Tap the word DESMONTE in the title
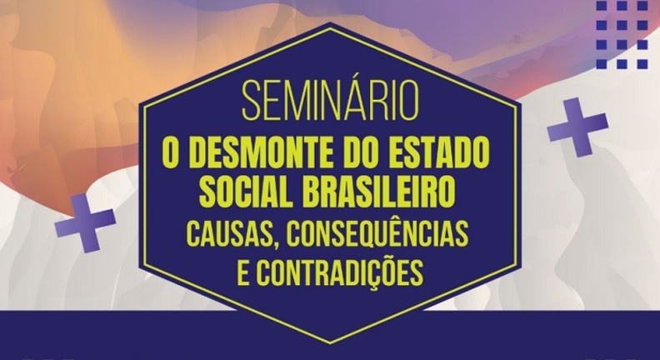tap(252, 152)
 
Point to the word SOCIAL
tap(246, 192)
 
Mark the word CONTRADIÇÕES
tap(340, 272)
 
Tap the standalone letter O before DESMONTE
tap(170, 152)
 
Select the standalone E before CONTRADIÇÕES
tap(243, 272)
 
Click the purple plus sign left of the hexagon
tap(86, 223)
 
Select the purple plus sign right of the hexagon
tap(578, 127)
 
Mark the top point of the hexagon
tap(331, 22)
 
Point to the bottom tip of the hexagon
tap(331, 342)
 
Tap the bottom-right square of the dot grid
tap(642, 64)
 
